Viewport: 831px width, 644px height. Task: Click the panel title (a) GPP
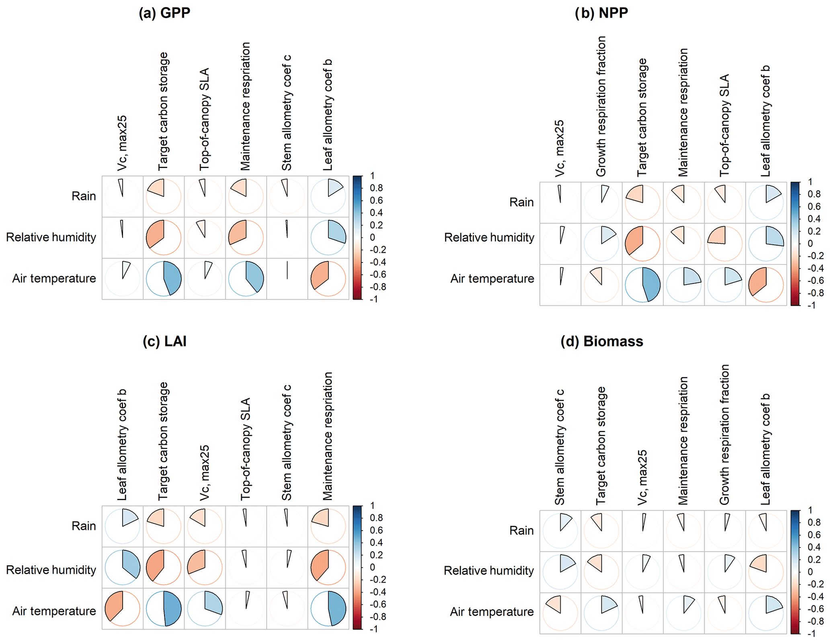(x=164, y=13)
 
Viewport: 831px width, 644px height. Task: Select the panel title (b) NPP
(x=601, y=13)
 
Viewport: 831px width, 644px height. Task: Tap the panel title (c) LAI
(x=164, y=341)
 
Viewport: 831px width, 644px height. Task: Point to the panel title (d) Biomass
(x=602, y=341)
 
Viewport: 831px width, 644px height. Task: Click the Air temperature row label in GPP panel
(x=54, y=278)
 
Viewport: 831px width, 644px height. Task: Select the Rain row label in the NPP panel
(x=521, y=202)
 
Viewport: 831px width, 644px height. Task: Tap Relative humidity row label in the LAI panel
(x=51, y=570)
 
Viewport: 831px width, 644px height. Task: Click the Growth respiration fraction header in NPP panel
(x=601, y=107)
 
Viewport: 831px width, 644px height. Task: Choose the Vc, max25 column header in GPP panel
(x=122, y=143)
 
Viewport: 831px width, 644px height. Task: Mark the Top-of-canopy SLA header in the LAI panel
(x=245, y=449)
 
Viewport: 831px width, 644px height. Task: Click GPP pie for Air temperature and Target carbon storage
(x=164, y=279)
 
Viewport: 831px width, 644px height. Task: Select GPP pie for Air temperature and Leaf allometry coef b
(x=328, y=279)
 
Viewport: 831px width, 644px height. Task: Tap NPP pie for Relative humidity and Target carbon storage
(x=642, y=244)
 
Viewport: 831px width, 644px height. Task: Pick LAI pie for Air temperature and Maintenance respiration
(x=328, y=608)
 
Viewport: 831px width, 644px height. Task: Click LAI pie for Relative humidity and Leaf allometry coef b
(x=123, y=567)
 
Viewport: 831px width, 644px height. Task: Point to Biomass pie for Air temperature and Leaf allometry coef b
(x=766, y=613)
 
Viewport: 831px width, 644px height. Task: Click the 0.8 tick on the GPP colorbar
(x=376, y=188)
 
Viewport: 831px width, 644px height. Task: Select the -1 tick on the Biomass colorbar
(x=812, y=634)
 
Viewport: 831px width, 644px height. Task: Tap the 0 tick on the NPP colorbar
(x=810, y=243)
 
